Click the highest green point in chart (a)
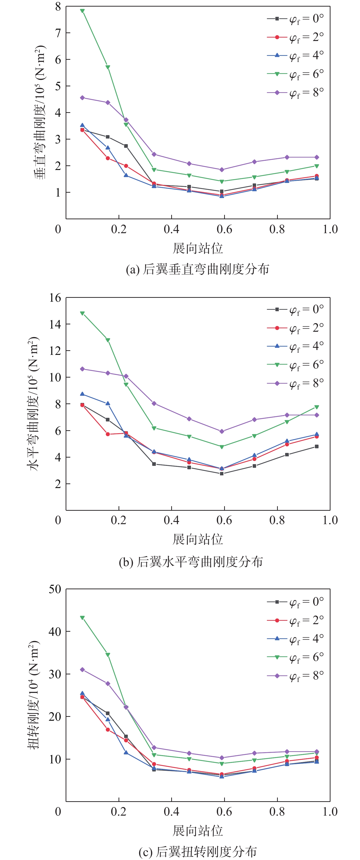tap(82, 11)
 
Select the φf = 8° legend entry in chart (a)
tap(295, 92)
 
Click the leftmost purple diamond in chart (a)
tap(82, 98)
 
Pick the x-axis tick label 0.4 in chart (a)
tap(171, 229)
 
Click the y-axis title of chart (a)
tap(40, 112)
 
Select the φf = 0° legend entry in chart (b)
tap(295, 310)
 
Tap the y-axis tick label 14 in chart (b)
tap(55, 324)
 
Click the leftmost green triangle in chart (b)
tap(82, 313)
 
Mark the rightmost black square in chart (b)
tap(317, 447)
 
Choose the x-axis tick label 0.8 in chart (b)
tap(277, 520)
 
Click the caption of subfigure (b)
tap(191, 562)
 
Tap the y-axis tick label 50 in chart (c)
tap(55, 589)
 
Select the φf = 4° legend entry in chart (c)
tap(295, 639)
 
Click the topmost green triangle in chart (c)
tap(82, 618)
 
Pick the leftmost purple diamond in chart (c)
tap(82, 670)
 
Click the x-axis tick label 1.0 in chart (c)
tap(330, 812)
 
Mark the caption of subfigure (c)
tap(198, 852)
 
